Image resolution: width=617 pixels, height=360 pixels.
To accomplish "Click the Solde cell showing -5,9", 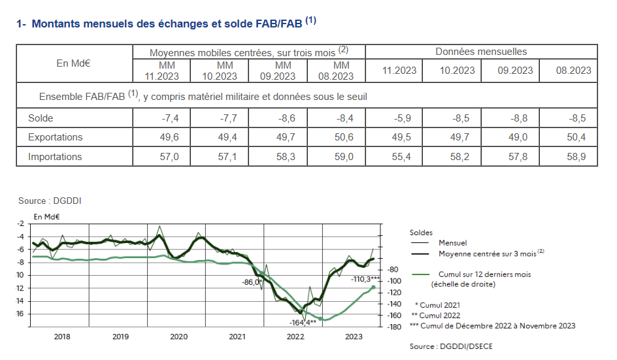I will (x=399, y=118).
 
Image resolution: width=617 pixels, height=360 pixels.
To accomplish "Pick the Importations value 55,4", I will (x=399, y=157).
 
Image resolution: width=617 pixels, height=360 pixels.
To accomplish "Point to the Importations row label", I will (x=55, y=157).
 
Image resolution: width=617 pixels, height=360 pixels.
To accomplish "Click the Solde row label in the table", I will (x=41, y=118).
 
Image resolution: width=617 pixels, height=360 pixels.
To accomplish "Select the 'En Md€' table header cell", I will (x=74, y=63).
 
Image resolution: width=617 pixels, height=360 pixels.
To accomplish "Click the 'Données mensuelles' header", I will (x=480, y=52).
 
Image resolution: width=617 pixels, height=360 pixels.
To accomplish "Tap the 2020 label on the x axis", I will (x=178, y=337).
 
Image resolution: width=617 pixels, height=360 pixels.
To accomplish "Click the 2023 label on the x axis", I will (x=354, y=337).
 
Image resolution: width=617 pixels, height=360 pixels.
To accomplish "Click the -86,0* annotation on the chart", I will (x=252, y=282).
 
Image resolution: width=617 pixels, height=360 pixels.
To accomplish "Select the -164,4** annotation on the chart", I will (x=303, y=322).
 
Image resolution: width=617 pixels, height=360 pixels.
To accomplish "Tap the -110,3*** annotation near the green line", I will (x=367, y=279).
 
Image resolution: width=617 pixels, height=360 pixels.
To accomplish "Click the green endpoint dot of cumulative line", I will (x=373, y=287).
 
